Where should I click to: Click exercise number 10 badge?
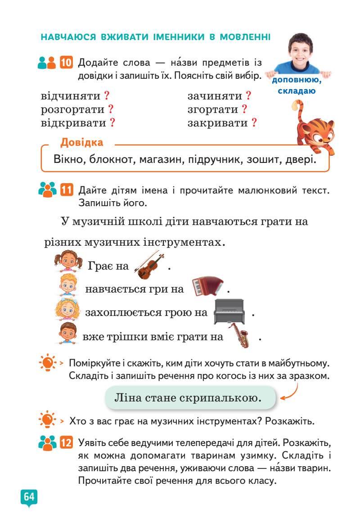tap(66, 63)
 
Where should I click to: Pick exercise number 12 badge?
tap(66, 444)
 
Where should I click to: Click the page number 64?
tap(29, 497)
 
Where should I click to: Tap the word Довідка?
tap(81, 143)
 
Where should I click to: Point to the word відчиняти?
tap(71, 96)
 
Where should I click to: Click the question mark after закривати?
tap(254, 122)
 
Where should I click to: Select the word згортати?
tap(212, 109)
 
